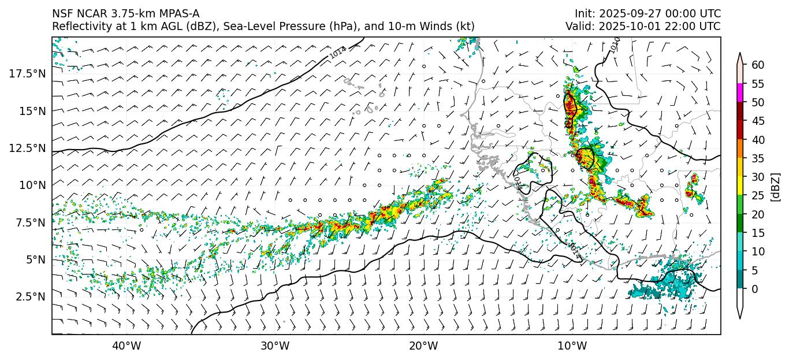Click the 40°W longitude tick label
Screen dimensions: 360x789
coord(126,346)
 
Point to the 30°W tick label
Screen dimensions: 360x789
coord(275,346)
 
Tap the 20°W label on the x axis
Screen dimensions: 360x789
coord(423,346)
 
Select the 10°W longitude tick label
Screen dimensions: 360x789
coord(572,346)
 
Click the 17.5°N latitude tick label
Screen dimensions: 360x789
coord(28,73)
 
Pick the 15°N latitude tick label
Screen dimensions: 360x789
coord(32,110)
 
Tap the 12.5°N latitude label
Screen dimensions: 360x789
coord(28,148)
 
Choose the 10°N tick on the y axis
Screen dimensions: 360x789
coord(32,185)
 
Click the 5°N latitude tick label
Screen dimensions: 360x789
coord(34,259)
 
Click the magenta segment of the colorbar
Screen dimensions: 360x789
coord(740,93)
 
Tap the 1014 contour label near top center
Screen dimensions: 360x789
coord(338,52)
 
